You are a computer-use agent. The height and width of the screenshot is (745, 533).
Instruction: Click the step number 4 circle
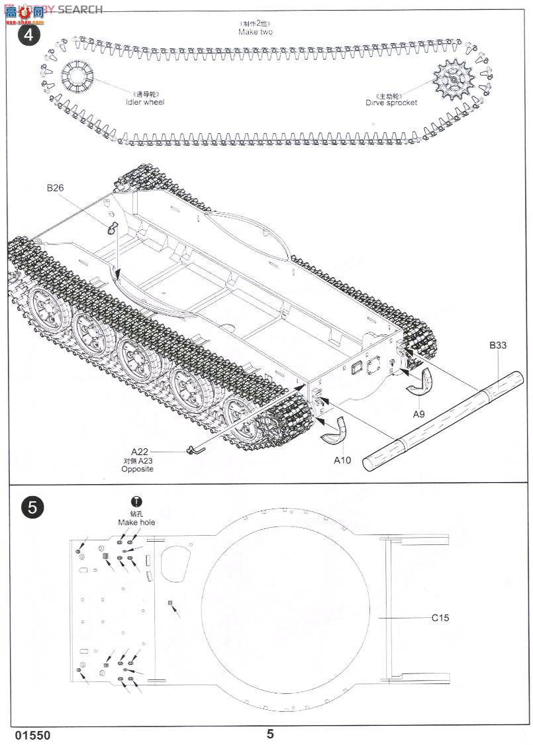pos(28,34)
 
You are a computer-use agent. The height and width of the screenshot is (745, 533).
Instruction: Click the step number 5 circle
pos(32,507)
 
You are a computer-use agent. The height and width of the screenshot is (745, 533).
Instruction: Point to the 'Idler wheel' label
pos(144,102)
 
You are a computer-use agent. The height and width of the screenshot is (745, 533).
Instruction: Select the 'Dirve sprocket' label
pos(391,103)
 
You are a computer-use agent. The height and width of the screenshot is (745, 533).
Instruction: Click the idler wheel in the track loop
pos(77,79)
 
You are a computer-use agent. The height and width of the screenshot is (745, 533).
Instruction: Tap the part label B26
pos(55,188)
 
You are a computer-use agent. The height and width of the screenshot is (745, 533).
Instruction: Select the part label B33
pos(498,345)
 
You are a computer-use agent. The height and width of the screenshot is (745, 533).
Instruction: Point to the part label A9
pos(418,414)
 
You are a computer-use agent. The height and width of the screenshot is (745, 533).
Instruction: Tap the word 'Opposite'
pos(137,469)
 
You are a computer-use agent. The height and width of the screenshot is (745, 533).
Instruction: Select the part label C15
pos(440,618)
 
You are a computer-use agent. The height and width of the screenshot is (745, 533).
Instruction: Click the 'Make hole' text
pos(136,522)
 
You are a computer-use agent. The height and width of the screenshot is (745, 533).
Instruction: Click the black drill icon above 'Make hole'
pos(137,502)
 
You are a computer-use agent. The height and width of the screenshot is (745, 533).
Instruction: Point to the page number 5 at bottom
pos(270,733)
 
